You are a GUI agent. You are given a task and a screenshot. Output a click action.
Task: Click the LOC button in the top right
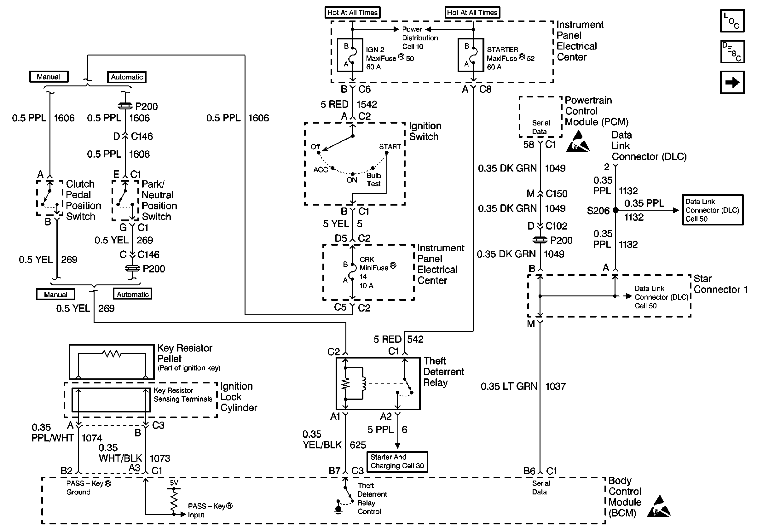tap(732, 21)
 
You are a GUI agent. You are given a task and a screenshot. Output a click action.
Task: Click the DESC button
tap(732, 51)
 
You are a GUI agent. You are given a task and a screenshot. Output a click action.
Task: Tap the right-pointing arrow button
tap(732, 82)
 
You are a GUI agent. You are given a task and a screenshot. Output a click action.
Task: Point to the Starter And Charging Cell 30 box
tap(397, 461)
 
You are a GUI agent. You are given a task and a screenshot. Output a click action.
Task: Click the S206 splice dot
tap(615, 210)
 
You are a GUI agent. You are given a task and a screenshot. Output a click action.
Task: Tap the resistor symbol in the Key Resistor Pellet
tap(112, 354)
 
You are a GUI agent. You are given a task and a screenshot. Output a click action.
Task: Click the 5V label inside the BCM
tap(174, 483)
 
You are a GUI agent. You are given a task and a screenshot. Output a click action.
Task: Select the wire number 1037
tap(556, 386)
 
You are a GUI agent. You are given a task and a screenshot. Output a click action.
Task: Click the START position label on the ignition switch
tap(390, 146)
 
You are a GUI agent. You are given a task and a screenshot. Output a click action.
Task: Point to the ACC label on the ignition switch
tap(321, 170)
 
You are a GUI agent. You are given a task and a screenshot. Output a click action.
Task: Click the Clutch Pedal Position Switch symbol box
tap(50, 198)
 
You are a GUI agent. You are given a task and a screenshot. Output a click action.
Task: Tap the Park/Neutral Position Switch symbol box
tap(125, 201)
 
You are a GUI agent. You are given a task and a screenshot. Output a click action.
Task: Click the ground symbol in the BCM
tap(338, 508)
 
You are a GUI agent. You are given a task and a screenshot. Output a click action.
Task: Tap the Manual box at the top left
tap(49, 77)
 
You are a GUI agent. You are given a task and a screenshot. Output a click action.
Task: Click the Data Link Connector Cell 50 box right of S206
tap(713, 210)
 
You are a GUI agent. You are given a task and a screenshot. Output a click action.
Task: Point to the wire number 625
tap(358, 445)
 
